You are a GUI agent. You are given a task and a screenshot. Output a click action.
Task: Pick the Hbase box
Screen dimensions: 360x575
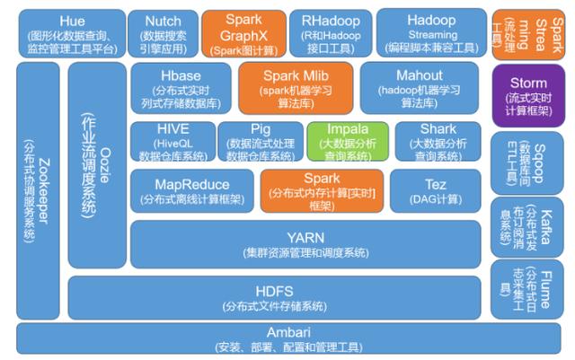180,88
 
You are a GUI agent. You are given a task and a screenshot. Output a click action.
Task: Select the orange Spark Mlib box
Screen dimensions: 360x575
294,88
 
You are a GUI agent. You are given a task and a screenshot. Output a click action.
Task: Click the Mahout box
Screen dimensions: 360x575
419,88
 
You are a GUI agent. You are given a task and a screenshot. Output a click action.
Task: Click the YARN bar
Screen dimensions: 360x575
305,243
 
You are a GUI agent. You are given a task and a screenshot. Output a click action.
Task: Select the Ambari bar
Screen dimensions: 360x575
287,339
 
